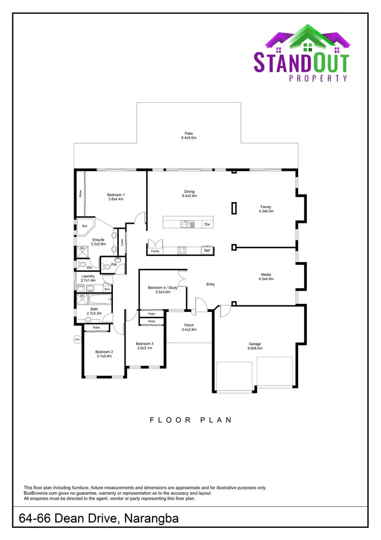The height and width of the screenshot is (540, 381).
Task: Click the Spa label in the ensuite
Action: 84,225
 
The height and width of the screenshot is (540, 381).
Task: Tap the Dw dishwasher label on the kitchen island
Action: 207,224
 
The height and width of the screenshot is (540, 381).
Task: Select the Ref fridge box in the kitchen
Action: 207,250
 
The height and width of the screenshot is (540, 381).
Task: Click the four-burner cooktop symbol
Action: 182,250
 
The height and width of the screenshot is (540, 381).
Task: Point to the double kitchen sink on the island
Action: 186,224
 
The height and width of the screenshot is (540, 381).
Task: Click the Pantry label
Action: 155,250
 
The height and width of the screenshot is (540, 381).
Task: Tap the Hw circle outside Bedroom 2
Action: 78,339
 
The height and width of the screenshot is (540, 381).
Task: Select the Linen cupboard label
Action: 122,242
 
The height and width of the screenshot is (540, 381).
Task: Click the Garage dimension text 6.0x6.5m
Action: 255,348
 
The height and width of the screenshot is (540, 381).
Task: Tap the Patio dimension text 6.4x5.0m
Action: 188,138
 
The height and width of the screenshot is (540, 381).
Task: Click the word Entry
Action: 210,285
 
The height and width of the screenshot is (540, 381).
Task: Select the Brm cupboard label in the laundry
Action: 107,289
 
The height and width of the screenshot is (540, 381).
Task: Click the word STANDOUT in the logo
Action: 301,62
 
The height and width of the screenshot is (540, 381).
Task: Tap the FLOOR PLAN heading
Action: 190,420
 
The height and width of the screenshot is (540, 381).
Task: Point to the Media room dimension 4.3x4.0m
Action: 266,278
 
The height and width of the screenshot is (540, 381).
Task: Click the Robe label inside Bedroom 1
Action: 80,193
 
